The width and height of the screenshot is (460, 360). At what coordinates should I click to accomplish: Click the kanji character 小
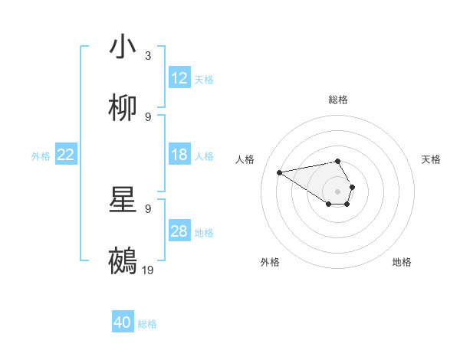(x=123, y=47)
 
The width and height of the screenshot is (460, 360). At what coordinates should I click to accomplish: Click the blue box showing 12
(x=179, y=78)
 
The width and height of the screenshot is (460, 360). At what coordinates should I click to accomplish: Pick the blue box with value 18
(x=179, y=155)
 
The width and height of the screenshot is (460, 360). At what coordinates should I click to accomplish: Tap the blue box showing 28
(x=179, y=231)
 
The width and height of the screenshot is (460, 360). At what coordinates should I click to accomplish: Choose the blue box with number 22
(x=66, y=155)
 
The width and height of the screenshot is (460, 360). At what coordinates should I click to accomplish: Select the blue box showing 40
(x=123, y=322)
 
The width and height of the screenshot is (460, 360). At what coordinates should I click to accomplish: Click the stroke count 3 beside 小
(x=148, y=56)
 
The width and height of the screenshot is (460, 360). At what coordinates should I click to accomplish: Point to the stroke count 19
(x=149, y=270)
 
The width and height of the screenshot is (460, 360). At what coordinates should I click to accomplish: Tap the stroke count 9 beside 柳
(x=148, y=117)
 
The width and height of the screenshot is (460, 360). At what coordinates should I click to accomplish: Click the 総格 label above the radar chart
(x=338, y=100)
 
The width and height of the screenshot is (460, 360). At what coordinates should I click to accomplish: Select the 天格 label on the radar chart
(x=431, y=159)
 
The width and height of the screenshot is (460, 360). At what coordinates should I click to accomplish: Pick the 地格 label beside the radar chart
(x=402, y=262)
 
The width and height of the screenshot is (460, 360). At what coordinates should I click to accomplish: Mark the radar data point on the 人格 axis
(x=280, y=172)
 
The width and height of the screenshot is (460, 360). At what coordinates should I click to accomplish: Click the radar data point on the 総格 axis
(x=338, y=161)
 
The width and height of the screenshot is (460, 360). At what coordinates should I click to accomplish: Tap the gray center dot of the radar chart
(x=338, y=191)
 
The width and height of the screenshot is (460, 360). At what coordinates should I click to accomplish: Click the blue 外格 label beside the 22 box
(x=41, y=155)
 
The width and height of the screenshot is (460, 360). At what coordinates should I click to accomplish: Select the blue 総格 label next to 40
(x=147, y=324)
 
